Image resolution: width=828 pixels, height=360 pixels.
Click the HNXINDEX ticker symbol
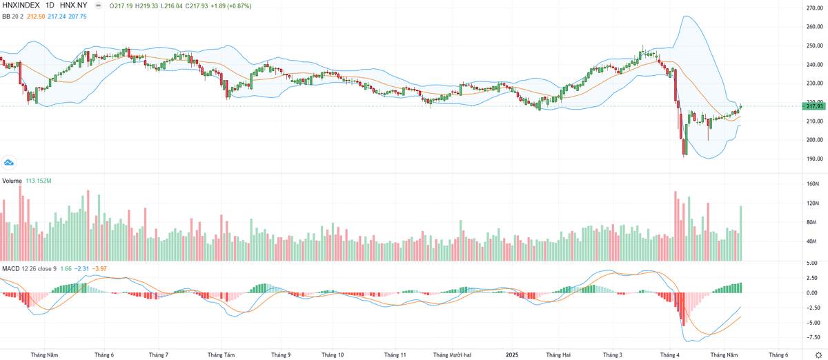(20, 6)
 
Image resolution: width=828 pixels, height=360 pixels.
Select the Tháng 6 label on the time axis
(104, 355)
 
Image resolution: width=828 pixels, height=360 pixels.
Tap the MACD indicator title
(10, 268)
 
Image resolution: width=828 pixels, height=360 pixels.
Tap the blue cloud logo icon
(9, 163)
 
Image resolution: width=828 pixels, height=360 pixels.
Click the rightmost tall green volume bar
(741, 233)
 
